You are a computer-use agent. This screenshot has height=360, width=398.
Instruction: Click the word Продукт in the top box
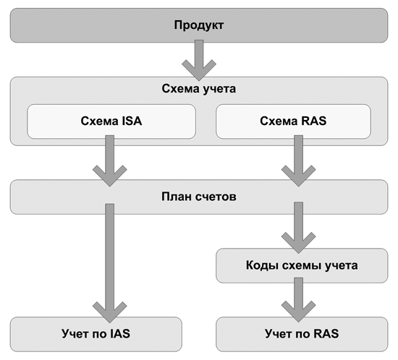(199, 25)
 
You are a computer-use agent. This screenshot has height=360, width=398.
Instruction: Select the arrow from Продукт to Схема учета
(199, 60)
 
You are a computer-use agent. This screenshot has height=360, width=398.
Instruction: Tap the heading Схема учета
(199, 88)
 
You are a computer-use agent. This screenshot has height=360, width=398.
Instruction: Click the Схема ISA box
(111, 121)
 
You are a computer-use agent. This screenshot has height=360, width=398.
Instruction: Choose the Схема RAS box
(293, 121)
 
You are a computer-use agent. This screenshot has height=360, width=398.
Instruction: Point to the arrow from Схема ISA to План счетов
(110, 160)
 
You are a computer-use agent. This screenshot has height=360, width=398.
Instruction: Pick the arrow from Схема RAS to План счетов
(298, 160)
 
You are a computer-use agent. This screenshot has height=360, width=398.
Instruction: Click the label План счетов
(199, 197)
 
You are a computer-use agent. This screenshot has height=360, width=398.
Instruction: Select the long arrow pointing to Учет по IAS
(110, 263)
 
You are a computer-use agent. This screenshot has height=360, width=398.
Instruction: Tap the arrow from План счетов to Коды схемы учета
(298, 228)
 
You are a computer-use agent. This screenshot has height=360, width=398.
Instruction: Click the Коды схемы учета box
(302, 265)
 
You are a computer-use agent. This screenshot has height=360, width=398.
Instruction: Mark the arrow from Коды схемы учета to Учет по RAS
(298, 300)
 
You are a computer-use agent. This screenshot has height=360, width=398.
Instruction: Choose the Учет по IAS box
(96, 334)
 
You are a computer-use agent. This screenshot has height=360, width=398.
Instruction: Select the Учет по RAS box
(302, 334)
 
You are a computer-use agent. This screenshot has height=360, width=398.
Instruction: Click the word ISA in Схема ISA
(132, 121)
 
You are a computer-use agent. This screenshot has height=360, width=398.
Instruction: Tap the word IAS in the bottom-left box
(120, 334)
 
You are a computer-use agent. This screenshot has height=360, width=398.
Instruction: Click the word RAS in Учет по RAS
(326, 334)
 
